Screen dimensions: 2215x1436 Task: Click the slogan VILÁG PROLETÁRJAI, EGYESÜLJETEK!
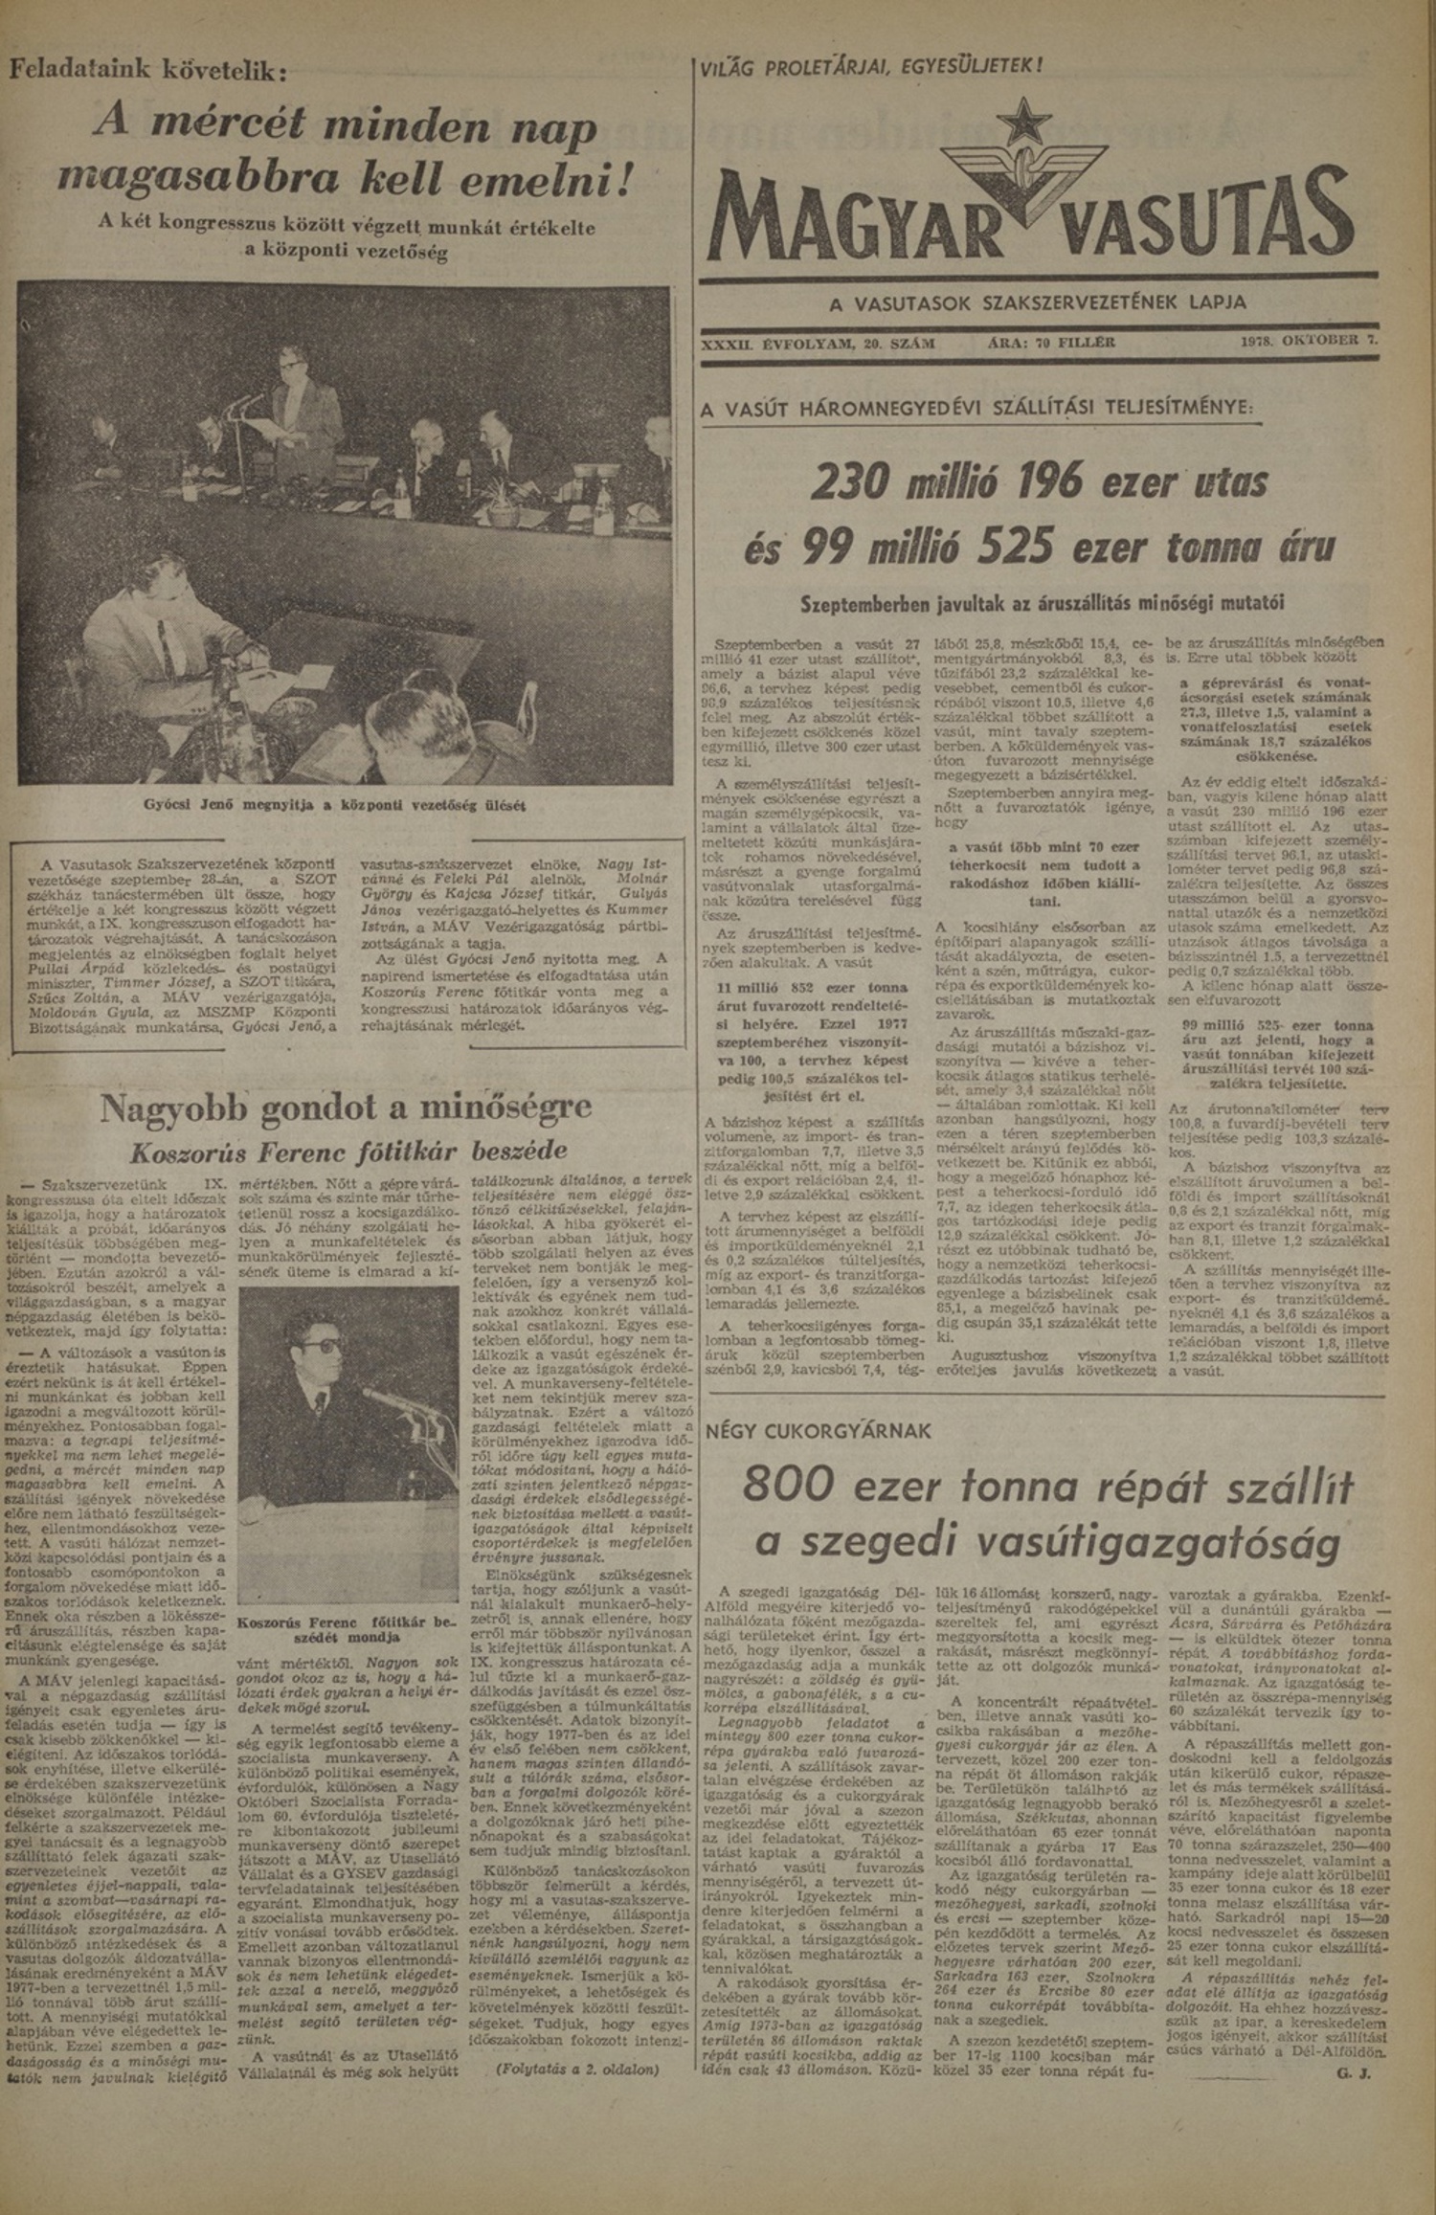[871, 66]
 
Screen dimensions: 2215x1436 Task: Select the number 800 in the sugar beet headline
[790, 1485]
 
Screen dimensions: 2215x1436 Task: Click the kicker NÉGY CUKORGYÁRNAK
[818, 1431]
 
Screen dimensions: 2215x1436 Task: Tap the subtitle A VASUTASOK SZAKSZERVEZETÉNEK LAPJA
[1038, 302]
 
